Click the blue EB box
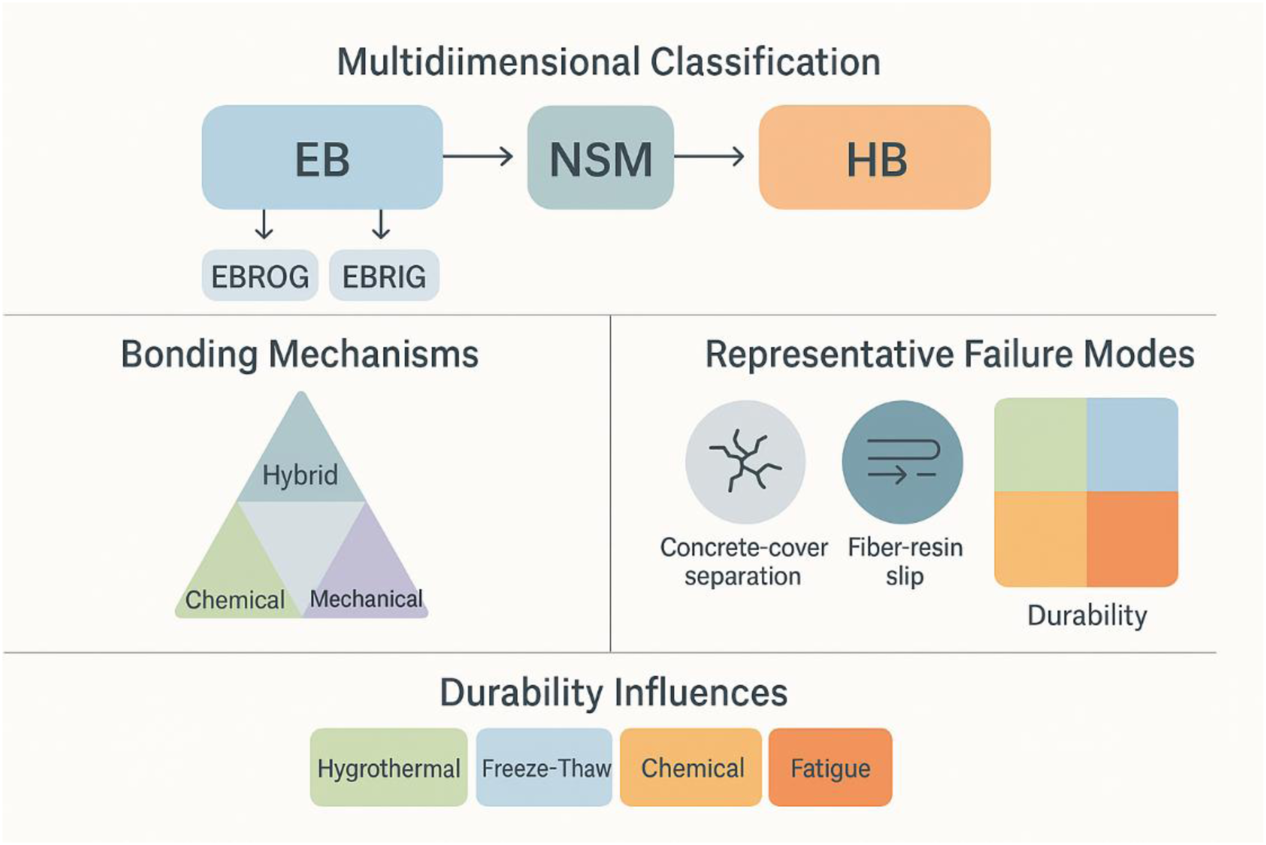click(x=322, y=157)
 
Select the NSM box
click(x=600, y=157)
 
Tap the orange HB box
click(x=874, y=157)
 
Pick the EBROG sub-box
click(x=260, y=275)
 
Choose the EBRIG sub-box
click(x=384, y=275)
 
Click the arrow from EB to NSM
click(x=478, y=156)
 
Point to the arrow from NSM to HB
click(x=709, y=156)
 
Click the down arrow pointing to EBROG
click(x=264, y=224)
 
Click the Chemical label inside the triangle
click(x=235, y=600)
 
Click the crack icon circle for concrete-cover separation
click(x=745, y=462)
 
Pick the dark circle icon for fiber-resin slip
click(x=902, y=462)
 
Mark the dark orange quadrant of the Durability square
click(x=1132, y=539)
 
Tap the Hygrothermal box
click(x=388, y=767)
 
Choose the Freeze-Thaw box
click(x=544, y=767)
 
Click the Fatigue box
click(x=830, y=767)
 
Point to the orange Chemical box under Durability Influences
click(x=691, y=767)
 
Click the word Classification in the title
click(x=765, y=62)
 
